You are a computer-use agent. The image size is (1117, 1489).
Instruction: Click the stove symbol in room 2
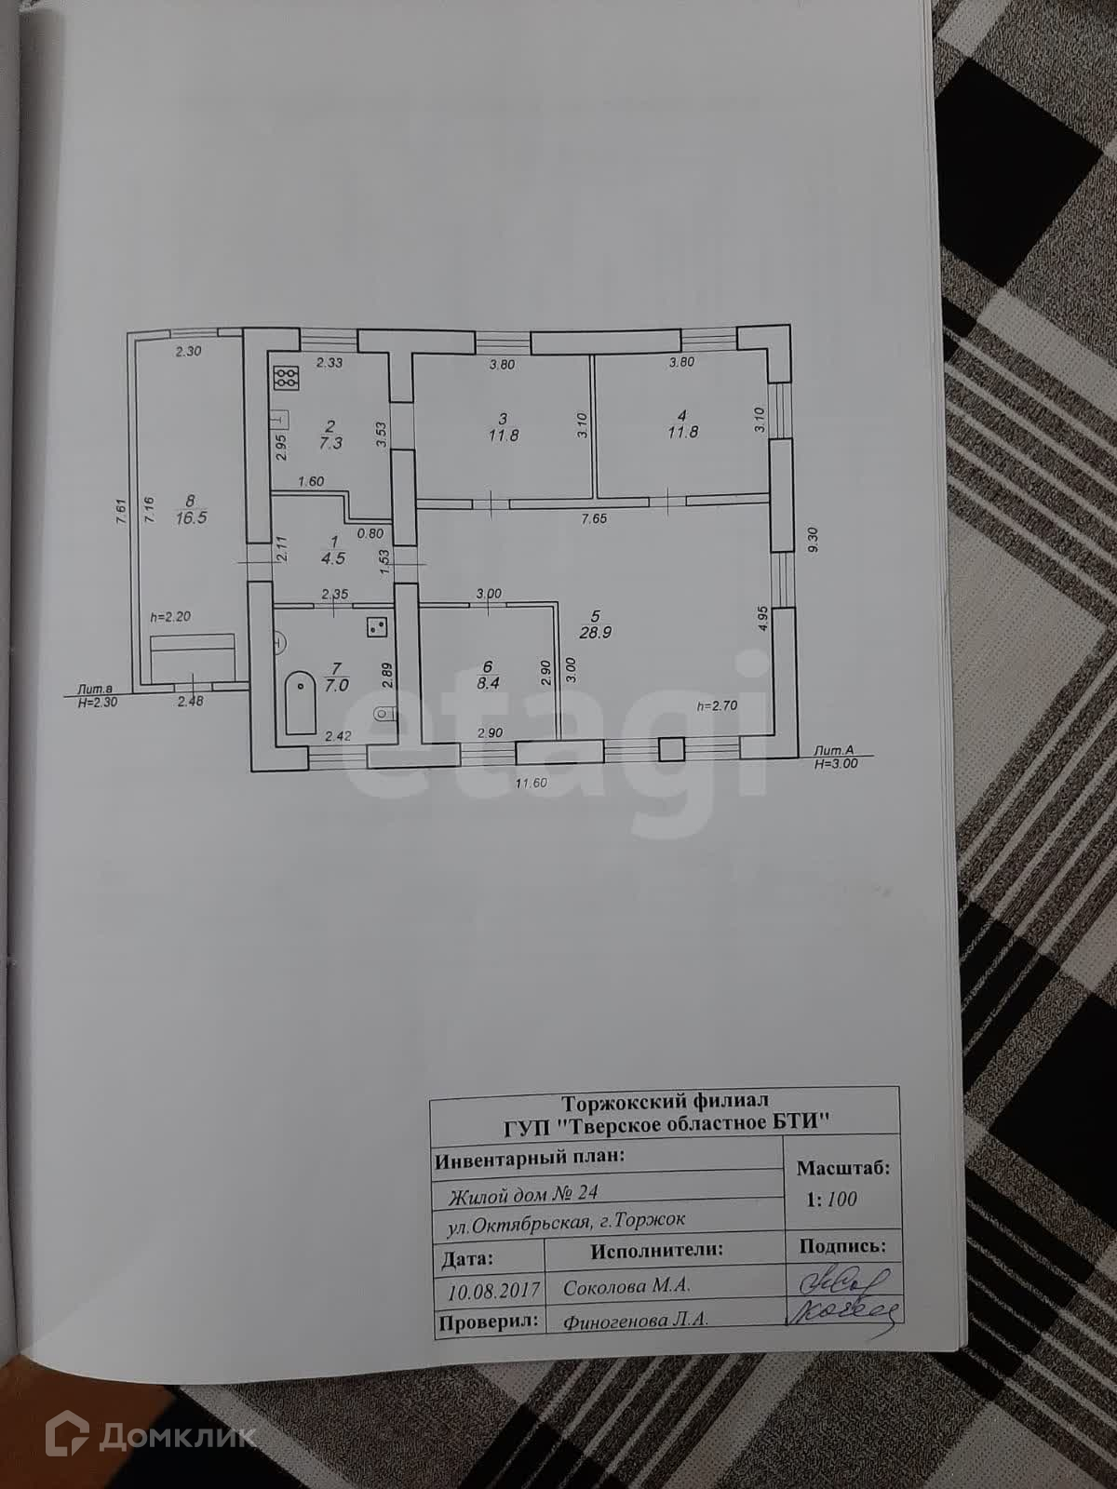pos(287,377)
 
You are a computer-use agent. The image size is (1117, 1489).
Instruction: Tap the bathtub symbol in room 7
pos(299,704)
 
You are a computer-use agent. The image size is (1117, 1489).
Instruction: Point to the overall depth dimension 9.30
pos(815,541)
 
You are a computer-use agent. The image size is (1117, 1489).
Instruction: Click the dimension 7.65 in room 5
pos(593,518)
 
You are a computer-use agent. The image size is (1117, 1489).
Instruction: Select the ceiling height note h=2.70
pos(717,705)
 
